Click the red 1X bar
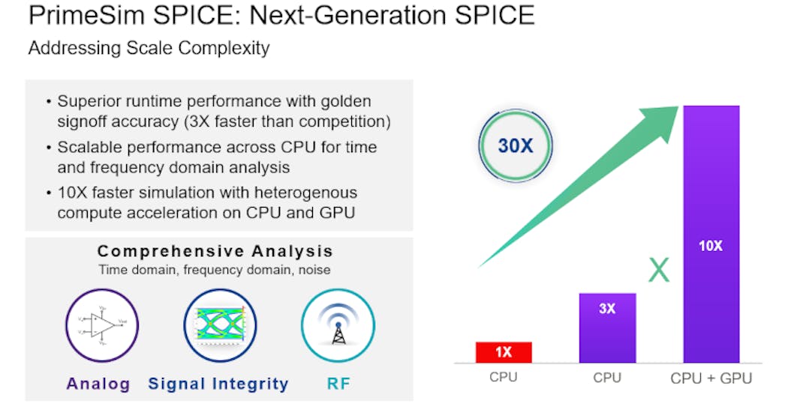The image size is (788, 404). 503,352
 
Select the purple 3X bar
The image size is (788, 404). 607,328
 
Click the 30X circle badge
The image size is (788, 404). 516,145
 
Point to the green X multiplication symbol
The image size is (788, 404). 658,270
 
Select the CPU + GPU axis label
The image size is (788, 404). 711,379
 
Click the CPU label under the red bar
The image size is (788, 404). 503,378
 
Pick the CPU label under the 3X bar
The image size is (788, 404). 607,378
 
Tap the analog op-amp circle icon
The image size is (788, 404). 98,325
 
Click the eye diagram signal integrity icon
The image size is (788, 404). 218,325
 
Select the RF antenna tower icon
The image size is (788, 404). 338,325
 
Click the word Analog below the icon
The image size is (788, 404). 98,384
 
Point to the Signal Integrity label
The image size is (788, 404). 218,384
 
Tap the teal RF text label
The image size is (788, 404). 338,384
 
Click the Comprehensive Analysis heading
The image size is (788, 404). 215,251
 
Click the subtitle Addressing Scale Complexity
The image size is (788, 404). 149,49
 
